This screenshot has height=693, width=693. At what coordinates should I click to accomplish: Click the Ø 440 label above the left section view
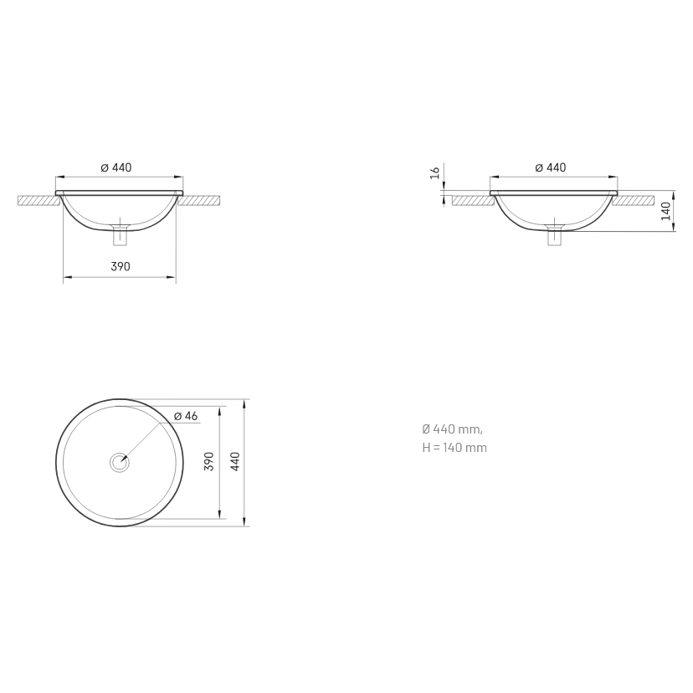(x=116, y=167)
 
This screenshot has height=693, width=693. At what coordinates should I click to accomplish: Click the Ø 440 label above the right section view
(x=550, y=167)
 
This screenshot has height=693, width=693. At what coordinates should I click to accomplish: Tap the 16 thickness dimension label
(x=435, y=172)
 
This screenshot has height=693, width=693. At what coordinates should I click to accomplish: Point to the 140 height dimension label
(x=666, y=211)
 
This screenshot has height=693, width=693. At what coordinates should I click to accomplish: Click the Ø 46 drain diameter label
(x=186, y=416)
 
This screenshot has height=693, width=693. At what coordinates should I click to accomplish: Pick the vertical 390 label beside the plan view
(x=209, y=461)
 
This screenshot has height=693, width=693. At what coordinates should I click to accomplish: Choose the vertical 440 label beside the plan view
(x=235, y=461)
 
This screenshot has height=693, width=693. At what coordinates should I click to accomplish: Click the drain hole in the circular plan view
(x=120, y=463)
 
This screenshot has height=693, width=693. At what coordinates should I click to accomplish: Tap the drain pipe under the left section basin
(x=120, y=235)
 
